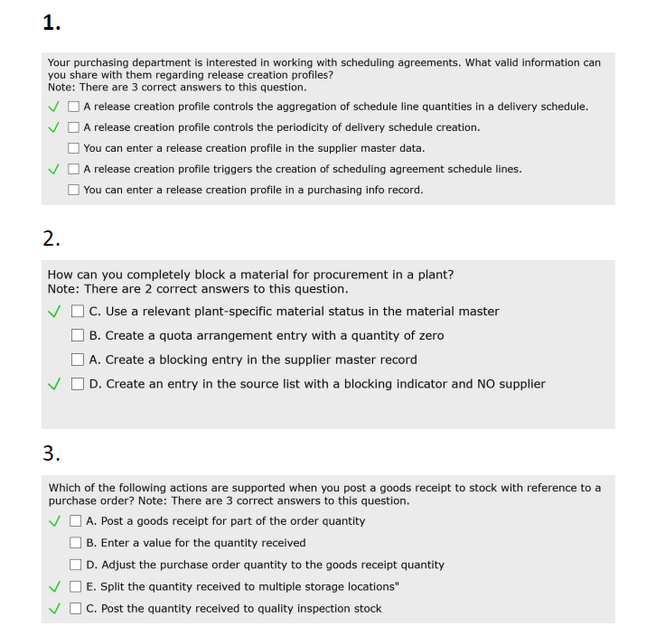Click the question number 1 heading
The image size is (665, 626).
52,24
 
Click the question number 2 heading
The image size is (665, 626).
52,239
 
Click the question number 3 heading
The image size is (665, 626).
52,453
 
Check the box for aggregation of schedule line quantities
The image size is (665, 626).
74,107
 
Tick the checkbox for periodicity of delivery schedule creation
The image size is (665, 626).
74,127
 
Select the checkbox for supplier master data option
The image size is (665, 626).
74,148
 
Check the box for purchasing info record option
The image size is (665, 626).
74,190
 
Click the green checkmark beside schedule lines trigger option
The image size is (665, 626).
56,169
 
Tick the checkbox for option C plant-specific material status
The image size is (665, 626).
79,312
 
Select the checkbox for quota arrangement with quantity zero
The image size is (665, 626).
79,336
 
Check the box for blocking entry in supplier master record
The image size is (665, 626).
79,360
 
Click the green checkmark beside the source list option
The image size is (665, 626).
56,384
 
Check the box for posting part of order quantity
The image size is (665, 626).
76,521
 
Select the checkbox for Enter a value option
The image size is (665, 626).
76,543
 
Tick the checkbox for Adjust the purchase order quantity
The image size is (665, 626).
76,565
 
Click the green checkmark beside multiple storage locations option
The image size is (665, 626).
56,586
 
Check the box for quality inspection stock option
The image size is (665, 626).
76,609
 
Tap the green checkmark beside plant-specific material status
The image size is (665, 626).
56,312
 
